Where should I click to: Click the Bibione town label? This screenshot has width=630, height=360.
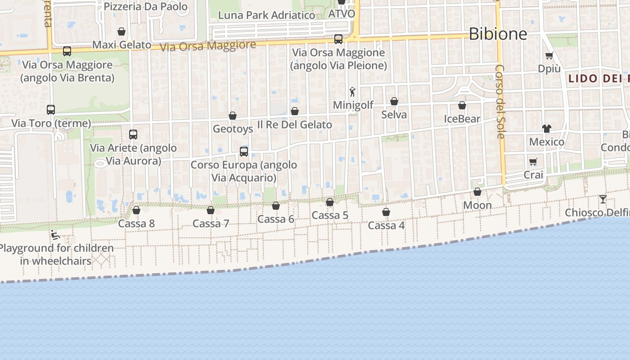(x=498, y=34)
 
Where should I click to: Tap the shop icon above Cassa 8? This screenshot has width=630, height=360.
(x=136, y=210)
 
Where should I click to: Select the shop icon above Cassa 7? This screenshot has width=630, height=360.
(x=211, y=210)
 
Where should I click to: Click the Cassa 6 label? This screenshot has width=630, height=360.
(x=276, y=219)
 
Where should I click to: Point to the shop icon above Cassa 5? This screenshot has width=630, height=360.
(x=330, y=202)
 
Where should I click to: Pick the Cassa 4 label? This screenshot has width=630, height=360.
(x=386, y=225)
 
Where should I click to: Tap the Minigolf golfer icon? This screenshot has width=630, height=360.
(x=352, y=92)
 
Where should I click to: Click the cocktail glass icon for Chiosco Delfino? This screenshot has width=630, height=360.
(x=603, y=199)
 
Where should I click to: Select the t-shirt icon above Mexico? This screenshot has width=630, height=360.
(x=547, y=129)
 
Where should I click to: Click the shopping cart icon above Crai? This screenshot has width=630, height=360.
(x=533, y=162)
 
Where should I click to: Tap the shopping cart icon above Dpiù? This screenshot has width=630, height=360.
(x=549, y=56)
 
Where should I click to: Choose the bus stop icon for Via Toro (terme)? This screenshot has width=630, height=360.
(x=51, y=109)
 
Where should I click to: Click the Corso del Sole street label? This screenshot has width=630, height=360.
(x=500, y=101)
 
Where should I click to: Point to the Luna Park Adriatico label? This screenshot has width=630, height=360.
(x=266, y=15)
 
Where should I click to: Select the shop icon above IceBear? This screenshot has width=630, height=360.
(x=462, y=106)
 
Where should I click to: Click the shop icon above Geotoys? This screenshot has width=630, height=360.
(x=233, y=116)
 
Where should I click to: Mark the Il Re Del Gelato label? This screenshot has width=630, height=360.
(x=295, y=125)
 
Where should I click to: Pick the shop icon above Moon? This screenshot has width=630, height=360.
(x=477, y=192)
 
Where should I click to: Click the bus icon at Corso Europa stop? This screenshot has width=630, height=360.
(x=244, y=151)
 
